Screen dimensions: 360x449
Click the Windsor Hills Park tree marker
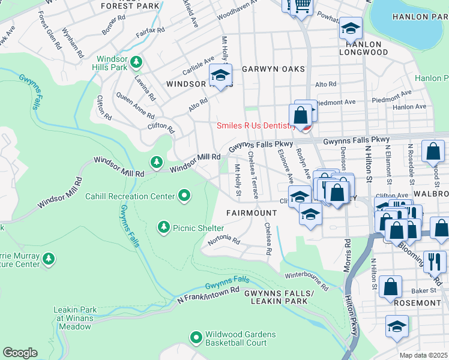[x=137, y=61]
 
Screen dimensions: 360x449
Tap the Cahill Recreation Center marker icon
[x=184, y=196]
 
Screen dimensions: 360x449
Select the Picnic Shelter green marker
[x=163, y=227]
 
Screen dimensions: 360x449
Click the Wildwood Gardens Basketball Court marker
[x=196, y=338]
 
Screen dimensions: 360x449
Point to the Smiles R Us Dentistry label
[x=256, y=126]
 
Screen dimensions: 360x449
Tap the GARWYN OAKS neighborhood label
[x=273, y=70]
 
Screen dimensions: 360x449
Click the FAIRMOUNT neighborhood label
[x=252, y=213]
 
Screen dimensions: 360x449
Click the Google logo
[x=20, y=353]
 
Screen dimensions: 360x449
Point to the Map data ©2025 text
[x=423, y=355]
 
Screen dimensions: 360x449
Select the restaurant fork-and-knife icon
[x=435, y=261]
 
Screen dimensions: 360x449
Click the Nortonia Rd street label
[x=224, y=241]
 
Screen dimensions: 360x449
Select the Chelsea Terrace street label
[x=255, y=183]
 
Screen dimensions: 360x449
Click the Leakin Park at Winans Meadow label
[x=76, y=318]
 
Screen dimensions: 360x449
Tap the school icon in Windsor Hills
[x=220, y=76]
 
